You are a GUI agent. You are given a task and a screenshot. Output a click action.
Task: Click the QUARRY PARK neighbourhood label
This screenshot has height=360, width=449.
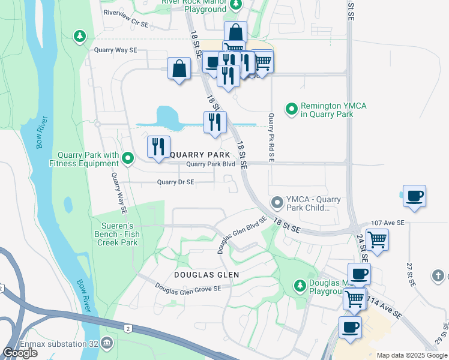click(x=200, y=154)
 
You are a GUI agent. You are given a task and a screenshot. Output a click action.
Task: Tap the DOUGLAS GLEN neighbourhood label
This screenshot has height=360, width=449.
click(x=206, y=274)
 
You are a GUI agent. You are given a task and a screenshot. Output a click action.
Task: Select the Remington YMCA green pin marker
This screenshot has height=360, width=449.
click(x=292, y=109)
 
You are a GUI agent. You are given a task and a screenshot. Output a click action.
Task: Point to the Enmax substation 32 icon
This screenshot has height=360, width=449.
click(x=107, y=343)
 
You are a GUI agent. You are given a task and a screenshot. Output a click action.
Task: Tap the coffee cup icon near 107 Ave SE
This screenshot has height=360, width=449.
click(x=414, y=196)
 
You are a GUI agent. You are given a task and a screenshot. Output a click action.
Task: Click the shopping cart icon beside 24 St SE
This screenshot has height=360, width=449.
click(x=377, y=239)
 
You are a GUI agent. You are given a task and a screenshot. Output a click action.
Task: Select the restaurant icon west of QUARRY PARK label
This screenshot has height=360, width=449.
click(x=158, y=146)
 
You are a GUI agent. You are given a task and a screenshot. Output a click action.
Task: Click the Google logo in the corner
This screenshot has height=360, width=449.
click(x=20, y=353)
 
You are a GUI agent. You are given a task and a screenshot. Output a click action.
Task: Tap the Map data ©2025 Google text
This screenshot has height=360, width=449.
click(x=412, y=355)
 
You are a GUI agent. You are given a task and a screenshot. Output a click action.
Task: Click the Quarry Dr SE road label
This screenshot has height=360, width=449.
click(x=175, y=182)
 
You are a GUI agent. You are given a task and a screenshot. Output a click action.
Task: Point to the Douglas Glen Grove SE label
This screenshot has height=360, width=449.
click(x=188, y=288)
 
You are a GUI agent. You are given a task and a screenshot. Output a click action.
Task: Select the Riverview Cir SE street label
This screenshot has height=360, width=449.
click(x=125, y=12)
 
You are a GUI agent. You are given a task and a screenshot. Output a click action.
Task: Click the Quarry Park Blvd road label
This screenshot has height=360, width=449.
click(x=210, y=164)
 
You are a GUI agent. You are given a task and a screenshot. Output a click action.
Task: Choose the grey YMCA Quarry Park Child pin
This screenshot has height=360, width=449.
click(x=277, y=202)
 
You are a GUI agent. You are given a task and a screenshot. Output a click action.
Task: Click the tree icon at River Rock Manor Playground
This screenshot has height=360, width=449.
click(x=236, y=5)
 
